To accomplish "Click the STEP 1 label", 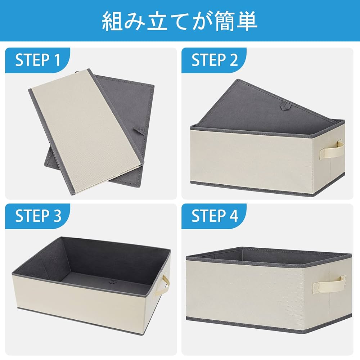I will (37, 60).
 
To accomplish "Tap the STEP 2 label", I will (215, 60).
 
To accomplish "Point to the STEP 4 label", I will (215, 216).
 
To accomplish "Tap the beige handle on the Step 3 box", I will (165, 286).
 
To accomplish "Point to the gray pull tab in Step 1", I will (139, 130).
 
